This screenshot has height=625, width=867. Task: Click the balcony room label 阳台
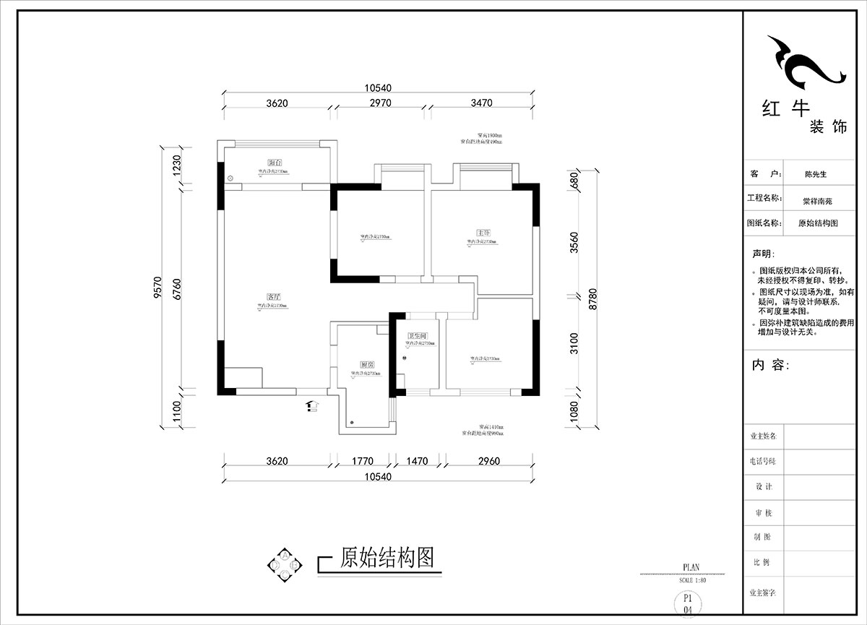[x=275, y=163]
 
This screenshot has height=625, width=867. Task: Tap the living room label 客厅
[x=273, y=296]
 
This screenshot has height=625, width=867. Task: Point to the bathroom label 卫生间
[x=418, y=336]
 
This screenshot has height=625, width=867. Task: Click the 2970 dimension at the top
[x=380, y=103]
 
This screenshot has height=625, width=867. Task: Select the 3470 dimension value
[x=481, y=103]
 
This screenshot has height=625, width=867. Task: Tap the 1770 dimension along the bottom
[x=362, y=461]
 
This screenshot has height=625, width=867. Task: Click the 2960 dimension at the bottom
[x=488, y=461]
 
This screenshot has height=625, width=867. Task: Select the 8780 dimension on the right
[x=594, y=298]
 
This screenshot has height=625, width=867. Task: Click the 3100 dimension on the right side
[x=574, y=342]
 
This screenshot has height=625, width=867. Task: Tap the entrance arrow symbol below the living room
[x=312, y=406]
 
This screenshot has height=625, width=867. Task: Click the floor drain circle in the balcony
[x=230, y=178]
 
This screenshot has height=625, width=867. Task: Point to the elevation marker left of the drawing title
[x=285, y=562]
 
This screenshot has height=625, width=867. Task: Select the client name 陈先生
[x=816, y=174]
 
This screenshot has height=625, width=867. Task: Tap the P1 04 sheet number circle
[x=688, y=604]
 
